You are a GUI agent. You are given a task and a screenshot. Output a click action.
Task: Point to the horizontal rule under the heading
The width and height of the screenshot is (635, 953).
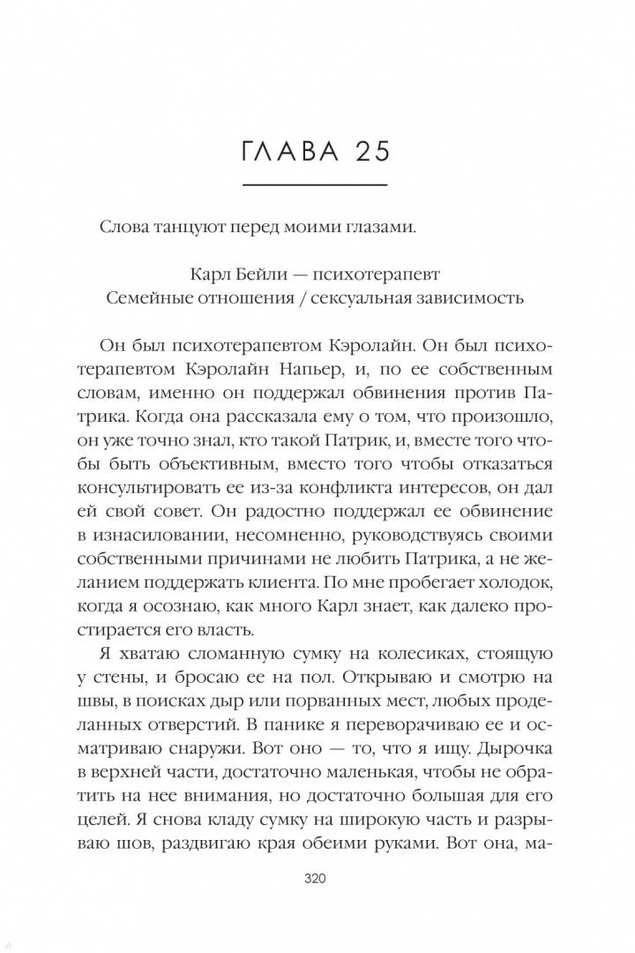click(315, 185)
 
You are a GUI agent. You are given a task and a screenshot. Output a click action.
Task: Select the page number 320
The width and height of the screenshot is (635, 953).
click(316, 879)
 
